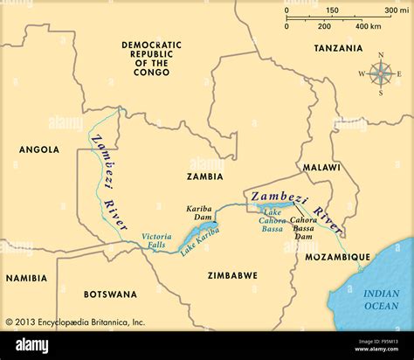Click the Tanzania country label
coord(339,48)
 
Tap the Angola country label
coord(38,149)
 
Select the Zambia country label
coord(206,175)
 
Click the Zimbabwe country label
coord(232,274)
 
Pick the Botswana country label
coord(110,294)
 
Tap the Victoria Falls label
coord(156,241)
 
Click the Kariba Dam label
coord(200,214)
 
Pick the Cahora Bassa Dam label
coord(303,227)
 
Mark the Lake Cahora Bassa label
coord(272,221)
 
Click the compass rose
coord(381,73)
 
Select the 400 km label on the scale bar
coord(368,26)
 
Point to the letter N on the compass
coord(381,55)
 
